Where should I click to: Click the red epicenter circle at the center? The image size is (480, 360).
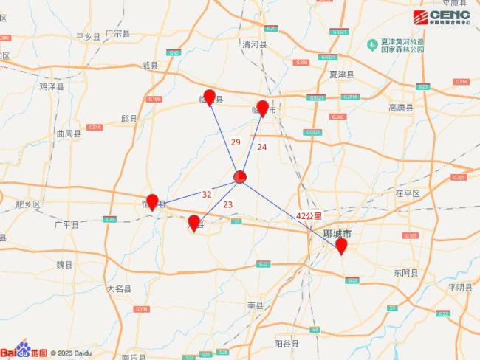(x=240, y=177)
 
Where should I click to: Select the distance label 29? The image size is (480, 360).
(x=236, y=142)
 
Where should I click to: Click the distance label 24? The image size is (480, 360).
(x=261, y=147)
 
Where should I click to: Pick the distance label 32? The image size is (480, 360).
(x=207, y=195)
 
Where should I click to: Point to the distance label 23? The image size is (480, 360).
(x=227, y=204)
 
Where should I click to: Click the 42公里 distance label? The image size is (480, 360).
(x=309, y=215)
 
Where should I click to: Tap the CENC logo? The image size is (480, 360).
(x=441, y=16)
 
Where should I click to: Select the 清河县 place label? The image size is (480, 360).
(x=253, y=44)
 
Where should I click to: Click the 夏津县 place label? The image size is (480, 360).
(x=342, y=75)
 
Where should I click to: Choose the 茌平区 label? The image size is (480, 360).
(x=407, y=193)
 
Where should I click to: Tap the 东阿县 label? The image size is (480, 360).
(x=405, y=272)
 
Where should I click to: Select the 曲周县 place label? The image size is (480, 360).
(x=68, y=134)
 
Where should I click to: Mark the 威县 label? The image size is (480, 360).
(x=150, y=66)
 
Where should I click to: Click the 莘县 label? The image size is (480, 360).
(x=254, y=304)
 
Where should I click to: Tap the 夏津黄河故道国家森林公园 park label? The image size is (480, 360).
(x=402, y=45)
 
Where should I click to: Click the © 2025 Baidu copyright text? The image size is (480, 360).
(x=72, y=353)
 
